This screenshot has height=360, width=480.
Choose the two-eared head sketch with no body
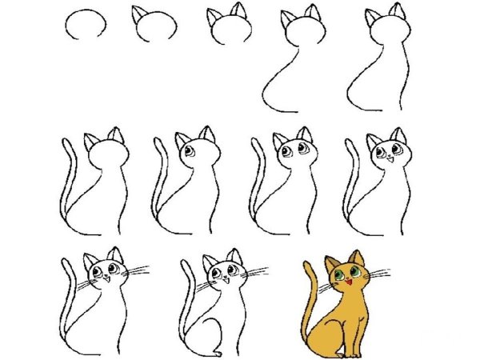pyautogui.click(x=228, y=29)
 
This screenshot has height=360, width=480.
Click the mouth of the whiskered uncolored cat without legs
pyautogui.click(x=104, y=280)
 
